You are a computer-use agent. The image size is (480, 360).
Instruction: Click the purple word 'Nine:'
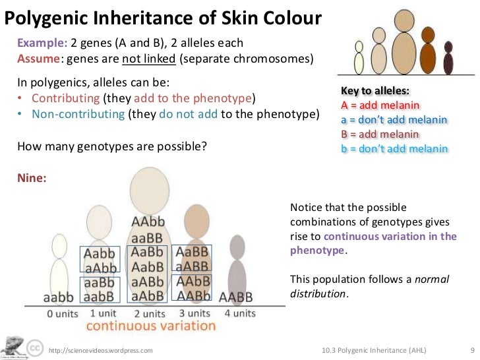coord(32,177)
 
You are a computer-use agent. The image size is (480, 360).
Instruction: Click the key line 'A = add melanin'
coord(380,105)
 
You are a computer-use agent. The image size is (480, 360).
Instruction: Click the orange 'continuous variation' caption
coord(150,326)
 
